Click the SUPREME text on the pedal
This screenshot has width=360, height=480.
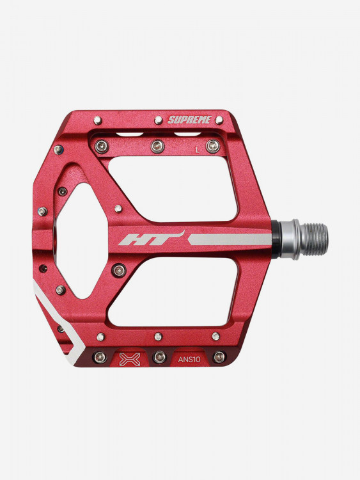(x=189, y=120)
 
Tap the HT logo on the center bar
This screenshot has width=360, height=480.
(x=151, y=239)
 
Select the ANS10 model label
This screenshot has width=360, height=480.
(x=189, y=360)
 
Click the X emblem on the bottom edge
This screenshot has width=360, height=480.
(x=130, y=359)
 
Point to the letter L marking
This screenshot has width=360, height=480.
(x=198, y=150)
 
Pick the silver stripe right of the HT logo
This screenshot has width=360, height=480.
(x=230, y=239)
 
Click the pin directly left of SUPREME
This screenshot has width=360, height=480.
(x=158, y=120)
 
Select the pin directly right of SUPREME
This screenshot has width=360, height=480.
(x=219, y=120)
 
